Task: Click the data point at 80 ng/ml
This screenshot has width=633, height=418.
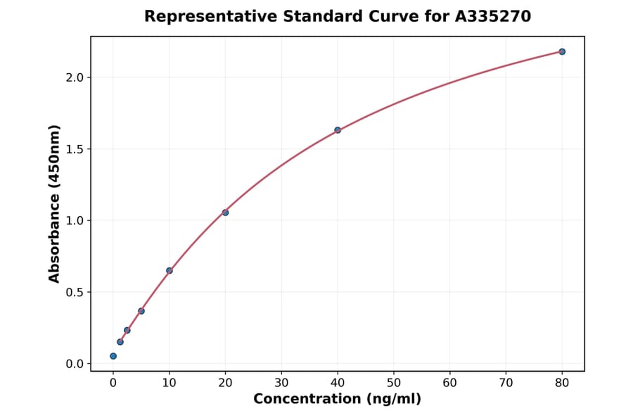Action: coord(562,51)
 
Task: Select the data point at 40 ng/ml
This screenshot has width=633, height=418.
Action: coord(338,130)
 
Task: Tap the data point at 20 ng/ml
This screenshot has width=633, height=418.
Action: coord(225,213)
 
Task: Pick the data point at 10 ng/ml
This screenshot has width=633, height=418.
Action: coord(170,270)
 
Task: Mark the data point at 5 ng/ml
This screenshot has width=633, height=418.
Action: coord(141,311)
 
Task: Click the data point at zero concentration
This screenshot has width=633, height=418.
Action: coord(113,356)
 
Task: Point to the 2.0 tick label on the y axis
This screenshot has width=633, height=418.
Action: coord(74,77)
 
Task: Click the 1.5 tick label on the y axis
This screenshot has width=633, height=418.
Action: coord(74,149)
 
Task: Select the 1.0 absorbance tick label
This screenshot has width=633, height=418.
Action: coord(74,221)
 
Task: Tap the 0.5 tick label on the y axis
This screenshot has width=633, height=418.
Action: coord(74,292)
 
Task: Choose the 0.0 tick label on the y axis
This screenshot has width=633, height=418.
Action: coord(74,364)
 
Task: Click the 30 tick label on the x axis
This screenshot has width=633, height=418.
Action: coord(281,383)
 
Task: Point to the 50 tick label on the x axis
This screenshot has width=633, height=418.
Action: coord(394,383)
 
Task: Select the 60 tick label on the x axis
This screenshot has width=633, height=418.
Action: coord(450,383)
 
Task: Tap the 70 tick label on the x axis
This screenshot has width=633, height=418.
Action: coord(506,383)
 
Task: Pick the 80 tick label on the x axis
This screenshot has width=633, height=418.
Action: coord(562,383)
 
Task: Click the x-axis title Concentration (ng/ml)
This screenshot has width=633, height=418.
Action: coord(338,400)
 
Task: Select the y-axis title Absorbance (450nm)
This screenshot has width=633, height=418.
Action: coord(55,203)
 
